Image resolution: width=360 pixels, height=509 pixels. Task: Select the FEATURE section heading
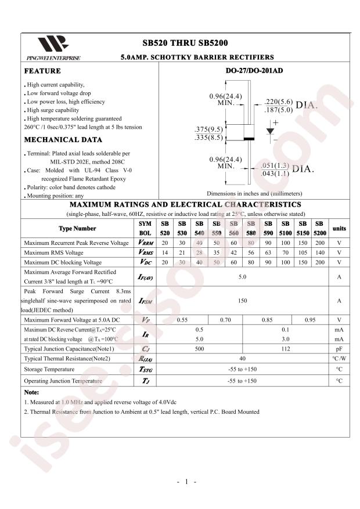point(42,71)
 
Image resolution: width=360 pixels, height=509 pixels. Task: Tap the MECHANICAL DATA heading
point(63,140)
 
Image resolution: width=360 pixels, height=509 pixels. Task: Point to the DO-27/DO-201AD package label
point(254,71)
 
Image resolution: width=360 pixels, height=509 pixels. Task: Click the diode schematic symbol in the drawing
point(270,131)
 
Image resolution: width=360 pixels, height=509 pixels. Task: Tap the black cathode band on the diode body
point(249,139)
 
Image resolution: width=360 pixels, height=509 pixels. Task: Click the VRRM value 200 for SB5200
point(319,243)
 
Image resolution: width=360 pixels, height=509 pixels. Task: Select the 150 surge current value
point(242,301)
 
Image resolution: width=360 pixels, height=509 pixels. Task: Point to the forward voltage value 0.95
point(310,319)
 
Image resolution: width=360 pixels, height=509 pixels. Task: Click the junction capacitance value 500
point(199,349)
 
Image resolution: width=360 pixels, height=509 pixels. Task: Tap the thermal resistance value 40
point(242,359)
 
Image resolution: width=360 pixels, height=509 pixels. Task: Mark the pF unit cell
point(339,349)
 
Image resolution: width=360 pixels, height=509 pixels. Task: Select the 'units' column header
point(339,228)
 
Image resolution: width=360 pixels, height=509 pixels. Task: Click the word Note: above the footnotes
point(32,392)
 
